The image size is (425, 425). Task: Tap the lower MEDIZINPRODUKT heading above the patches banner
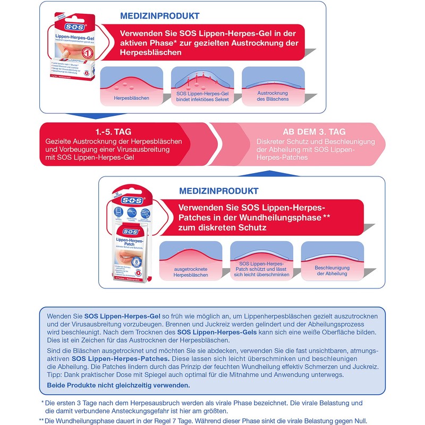click(219, 191)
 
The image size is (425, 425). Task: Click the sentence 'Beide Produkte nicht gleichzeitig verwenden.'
click(118, 385)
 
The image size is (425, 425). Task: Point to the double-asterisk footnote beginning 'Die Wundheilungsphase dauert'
click(205, 420)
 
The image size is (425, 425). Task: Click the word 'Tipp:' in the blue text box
click(56, 375)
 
